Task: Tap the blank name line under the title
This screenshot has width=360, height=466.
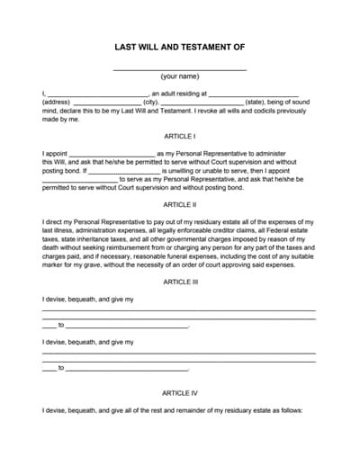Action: tap(180, 68)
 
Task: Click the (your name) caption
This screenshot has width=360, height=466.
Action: tap(180, 77)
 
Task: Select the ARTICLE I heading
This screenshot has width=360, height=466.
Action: tap(179, 136)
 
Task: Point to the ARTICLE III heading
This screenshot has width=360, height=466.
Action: tap(179, 282)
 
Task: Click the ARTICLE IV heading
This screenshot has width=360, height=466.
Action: tap(179, 392)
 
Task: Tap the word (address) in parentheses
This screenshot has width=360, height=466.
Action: tap(56, 102)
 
